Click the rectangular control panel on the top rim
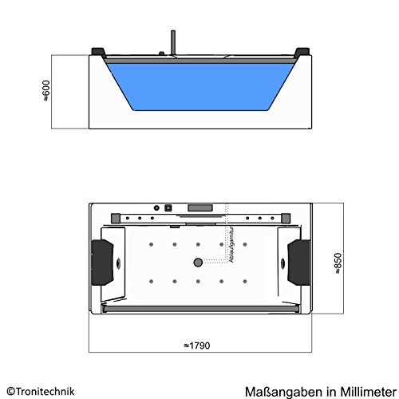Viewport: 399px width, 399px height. click(199, 213)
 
